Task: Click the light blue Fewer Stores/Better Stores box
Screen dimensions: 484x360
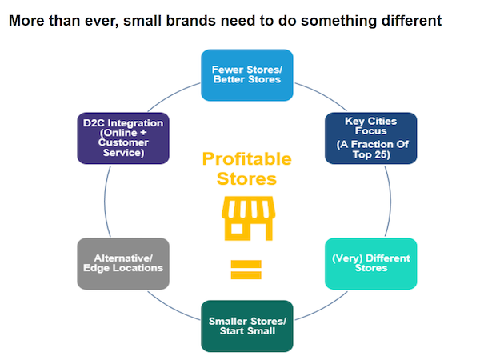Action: pyautogui.click(x=247, y=75)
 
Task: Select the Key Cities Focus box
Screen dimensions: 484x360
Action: pyautogui.click(x=370, y=138)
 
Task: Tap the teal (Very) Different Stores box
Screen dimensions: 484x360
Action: pyautogui.click(x=370, y=263)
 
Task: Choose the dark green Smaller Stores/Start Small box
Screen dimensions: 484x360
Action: pyautogui.click(x=247, y=326)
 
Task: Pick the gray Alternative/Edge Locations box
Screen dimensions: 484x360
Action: pyautogui.click(x=123, y=263)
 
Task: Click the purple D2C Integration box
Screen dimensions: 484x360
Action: pyautogui.click(x=123, y=138)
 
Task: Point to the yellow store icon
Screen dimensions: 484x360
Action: pyautogui.click(x=249, y=218)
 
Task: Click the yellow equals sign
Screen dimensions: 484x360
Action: pyautogui.click(x=246, y=270)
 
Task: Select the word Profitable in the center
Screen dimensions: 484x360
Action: pyautogui.click(x=247, y=159)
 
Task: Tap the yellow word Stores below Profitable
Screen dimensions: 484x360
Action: pyautogui.click(x=246, y=179)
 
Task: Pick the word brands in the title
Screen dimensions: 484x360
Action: pyautogui.click(x=191, y=21)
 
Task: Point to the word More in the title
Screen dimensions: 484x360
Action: pyautogui.click(x=27, y=21)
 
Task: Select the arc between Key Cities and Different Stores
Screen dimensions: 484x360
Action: pyautogui.click(x=390, y=202)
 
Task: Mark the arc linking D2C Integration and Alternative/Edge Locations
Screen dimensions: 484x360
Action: pyautogui.click(x=105, y=202)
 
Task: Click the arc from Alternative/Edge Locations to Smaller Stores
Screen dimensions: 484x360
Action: pyautogui.click(x=172, y=308)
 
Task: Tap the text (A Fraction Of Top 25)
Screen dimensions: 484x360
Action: pyautogui.click(x=372, y=149)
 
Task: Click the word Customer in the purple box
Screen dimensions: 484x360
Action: pyautogui.click(x=123, y=142)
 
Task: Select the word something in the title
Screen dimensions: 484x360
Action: pyautogui.click(x=338, y=21)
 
